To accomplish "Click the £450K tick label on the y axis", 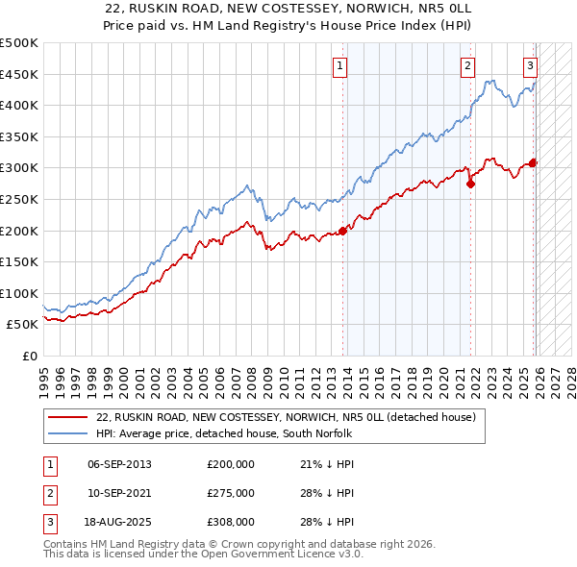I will [19, 74].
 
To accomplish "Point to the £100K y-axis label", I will [19, 293].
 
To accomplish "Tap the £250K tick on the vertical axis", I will [19, 199].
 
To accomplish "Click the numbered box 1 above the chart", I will [341, 66].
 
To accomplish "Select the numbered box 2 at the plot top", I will [467, 66].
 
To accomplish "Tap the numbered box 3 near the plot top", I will [530, 66].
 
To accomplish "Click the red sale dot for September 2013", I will [342, 230].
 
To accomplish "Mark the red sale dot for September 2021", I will [470, 184].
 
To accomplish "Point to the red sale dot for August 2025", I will [533, 162].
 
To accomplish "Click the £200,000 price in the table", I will [231, 463].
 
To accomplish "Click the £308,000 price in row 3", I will [231, 523].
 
